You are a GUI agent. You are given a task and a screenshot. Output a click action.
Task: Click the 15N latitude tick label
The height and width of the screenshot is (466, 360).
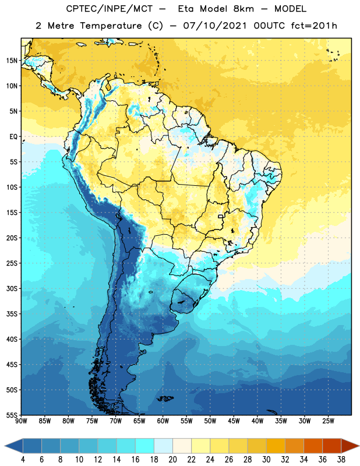pyautogui.click(x=12, y=61)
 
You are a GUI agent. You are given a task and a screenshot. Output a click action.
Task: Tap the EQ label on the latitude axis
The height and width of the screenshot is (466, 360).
pyautogui.click(x=13, y=137)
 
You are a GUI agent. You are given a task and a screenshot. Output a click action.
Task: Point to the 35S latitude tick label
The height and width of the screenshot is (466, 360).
pyautogui.click(x=12, y=314)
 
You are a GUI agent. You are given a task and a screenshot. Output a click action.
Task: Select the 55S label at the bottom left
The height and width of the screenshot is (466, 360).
pyautogui.click(x=12, y=415)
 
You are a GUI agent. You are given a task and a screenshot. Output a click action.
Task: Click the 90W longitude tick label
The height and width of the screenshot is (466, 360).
pyautogui.click(x=21, y=421)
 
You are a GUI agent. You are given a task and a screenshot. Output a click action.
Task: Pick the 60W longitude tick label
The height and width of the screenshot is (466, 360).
pyautogui.click(x=163, y=421)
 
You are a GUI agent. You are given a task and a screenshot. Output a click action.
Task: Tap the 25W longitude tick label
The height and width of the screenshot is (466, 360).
pyautogui.click(x=328, y=421)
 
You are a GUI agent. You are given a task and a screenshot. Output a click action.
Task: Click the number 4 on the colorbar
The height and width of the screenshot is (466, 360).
pyautogui.click(x=23, y=460)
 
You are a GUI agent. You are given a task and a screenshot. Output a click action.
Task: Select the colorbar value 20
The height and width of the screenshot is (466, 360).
pyautogui.click(x=172, y=460)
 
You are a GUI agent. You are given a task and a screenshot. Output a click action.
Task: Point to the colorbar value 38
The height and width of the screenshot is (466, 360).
pyautogui.click(x=341, y=460)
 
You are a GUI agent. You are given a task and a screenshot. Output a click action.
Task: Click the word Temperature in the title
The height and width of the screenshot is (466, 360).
pyautogui.click(x=111, y=26)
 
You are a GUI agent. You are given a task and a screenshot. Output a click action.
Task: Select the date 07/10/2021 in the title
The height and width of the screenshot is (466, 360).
pyautogui.click(x=215, y=26)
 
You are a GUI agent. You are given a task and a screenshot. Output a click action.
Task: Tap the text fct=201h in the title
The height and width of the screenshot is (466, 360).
pyautogui.click(x=314, y=26)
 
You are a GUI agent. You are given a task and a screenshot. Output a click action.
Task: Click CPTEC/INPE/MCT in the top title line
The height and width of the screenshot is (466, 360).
pyautogui.click(x=110, y=9)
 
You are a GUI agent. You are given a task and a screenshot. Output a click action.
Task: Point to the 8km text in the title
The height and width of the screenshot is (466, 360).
pyautogui.click(x=243, y=9)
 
